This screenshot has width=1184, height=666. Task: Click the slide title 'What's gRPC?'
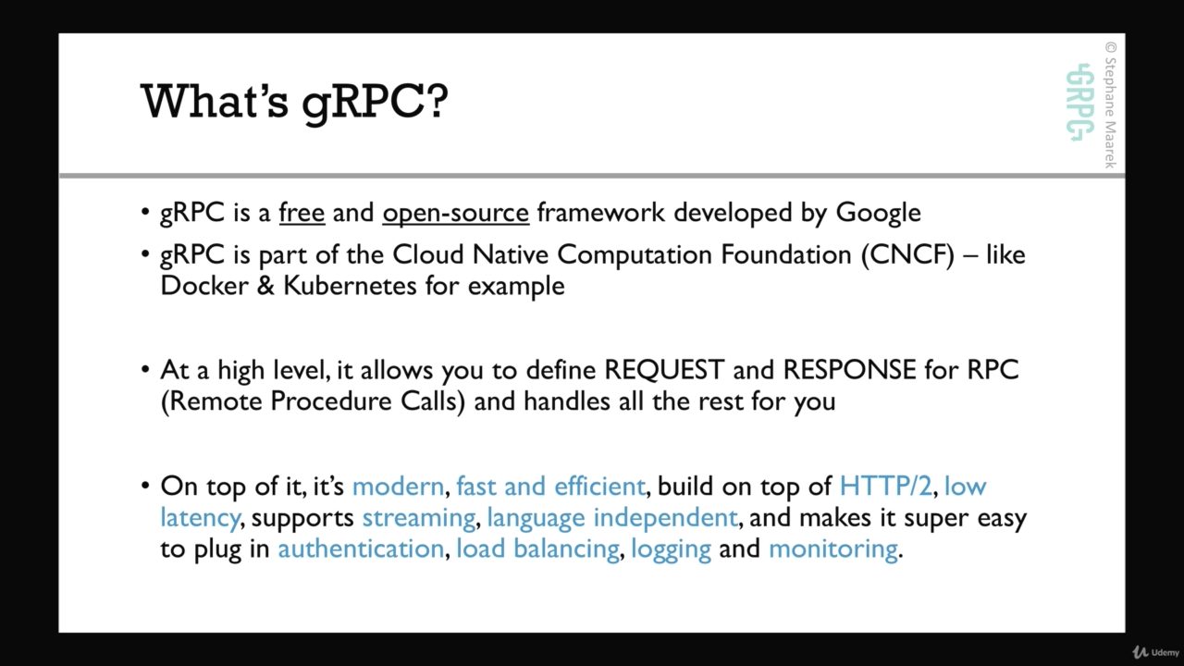(294, 103)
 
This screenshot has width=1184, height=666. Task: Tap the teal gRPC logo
(1079, 103)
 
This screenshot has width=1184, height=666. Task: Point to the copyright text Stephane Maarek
(1111, 105)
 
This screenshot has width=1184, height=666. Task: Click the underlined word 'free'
(302, 213)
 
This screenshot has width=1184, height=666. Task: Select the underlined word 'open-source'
(456, 214)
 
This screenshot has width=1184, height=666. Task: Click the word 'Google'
(878, 214)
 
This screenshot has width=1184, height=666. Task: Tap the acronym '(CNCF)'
(907, 254)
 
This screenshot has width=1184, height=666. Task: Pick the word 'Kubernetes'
(350, 286)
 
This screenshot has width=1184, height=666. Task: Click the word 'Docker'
(204, 286)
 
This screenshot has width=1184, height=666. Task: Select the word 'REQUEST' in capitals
(664, 369)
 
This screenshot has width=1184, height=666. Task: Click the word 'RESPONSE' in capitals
(849, 369)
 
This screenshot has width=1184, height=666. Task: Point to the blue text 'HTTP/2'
(885, 486)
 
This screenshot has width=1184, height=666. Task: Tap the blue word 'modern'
(398, 487)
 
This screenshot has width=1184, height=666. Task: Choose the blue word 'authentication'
(361, 549)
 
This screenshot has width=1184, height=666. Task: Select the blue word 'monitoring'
(833, 549)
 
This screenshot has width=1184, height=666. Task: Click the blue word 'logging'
(672, 549)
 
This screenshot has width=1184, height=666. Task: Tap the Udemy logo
(1155, 652)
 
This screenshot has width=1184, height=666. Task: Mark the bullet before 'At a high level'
(146, 369)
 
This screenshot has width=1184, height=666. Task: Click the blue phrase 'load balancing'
(537, 549)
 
